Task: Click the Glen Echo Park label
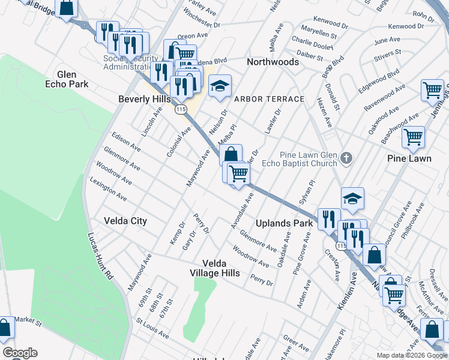coord(67,79)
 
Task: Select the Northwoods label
coord(273,62)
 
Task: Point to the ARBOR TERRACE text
coord(270,98)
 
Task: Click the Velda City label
coord(125,221)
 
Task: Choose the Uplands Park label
coord(285,223)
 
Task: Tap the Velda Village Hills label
coord(221,268)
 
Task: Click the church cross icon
coord(346,159)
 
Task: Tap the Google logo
coord(19,353)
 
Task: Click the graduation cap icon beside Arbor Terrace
coord(220,87)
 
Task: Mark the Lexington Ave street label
coord(109,188)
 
